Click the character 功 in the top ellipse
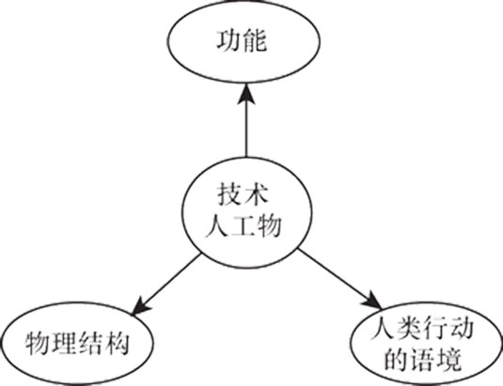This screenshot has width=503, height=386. point(229,40)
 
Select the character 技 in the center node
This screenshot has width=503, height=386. point(229,194)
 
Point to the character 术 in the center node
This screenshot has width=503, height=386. point(256,194)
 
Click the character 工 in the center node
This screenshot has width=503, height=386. point(244,225)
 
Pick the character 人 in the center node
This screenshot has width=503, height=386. point(217,225)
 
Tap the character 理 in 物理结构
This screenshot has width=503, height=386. point(64,344)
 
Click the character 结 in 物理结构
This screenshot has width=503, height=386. point(90,344)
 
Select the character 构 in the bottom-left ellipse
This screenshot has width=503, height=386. point(117,344)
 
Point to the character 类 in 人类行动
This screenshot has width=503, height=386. point(409,330)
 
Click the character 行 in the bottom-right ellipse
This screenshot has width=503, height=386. point(435,330)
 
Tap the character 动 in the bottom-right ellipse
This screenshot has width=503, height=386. point(462,330)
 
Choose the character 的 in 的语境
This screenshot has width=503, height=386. point(396,360)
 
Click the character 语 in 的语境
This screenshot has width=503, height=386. point(422,360)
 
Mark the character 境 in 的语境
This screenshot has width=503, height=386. point(448,360)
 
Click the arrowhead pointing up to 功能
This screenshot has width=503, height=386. point(246,94)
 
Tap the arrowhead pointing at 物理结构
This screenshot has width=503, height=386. point(140,306)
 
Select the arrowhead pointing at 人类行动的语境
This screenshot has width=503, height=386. point(373,301)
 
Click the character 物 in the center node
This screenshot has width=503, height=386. point(269,225)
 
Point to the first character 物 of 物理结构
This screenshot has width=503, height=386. point(38,344)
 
